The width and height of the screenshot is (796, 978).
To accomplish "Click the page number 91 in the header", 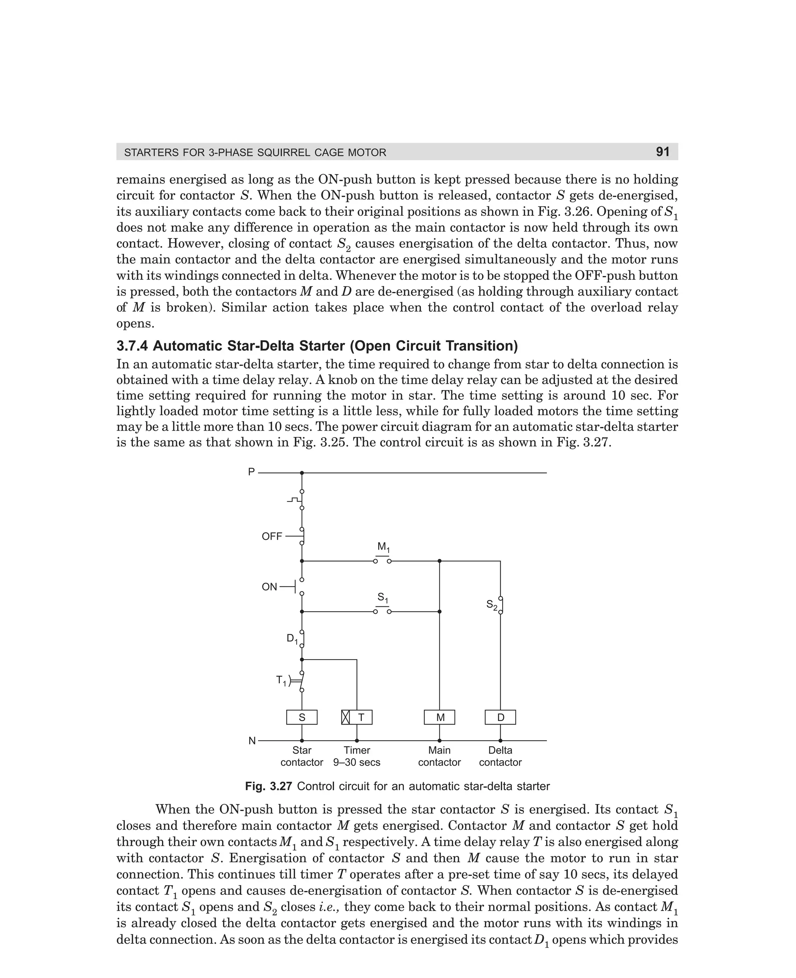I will click(x=663, y=152).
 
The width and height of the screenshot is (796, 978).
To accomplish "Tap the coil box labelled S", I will click(x=302, y=718).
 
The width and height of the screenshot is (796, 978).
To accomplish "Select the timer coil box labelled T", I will click(x=357, y=718).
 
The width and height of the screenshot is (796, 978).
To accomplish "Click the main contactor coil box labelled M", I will click(x=440, y=718).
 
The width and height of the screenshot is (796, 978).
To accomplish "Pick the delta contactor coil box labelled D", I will click(x=500, y=718).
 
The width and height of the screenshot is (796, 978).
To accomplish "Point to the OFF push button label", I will click(x=272, y=536).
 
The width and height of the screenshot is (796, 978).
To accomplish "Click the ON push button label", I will click(x=270, y=587).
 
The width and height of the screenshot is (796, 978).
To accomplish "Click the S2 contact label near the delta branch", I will click(x=491, y=605).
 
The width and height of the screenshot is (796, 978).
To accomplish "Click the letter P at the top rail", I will click(x=251, y=472).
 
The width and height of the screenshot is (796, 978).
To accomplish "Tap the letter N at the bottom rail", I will click(x=252, y=741).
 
